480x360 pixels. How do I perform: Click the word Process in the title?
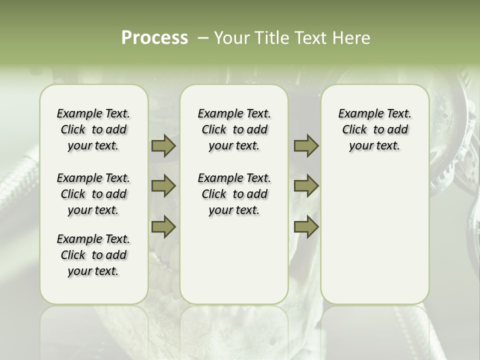[x=154, y=38]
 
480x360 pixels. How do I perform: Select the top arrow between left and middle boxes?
[x=163, y=146]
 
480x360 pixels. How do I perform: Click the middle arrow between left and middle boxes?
[x=163, y=186]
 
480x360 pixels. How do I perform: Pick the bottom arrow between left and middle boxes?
[x=163, y=227]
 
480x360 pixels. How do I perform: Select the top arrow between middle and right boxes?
[x=306, y=146]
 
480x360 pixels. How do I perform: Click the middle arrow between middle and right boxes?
[x=306, y=186]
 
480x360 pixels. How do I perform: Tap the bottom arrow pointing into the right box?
[x=306, y=227]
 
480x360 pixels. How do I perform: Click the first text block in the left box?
[x=93, y=129]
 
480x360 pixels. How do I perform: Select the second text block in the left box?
[x=93, y=194]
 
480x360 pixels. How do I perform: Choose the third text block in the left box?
[x=93, y=255]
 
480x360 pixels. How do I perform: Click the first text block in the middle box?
[x=234, y=129]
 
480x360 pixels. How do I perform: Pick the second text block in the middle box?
[x=234, y=194]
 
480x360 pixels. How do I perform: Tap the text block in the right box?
[x=374, y=129]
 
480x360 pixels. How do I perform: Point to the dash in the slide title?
[x=203, y=38]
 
